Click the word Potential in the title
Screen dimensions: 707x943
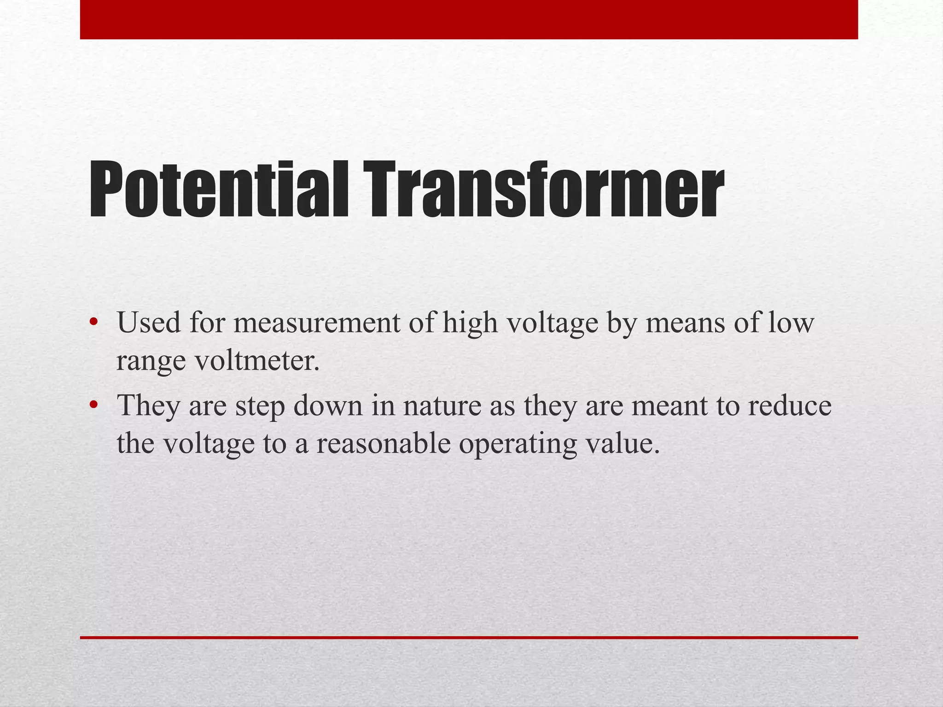coord(219,190)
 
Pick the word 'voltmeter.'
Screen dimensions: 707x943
coord(257,360)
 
